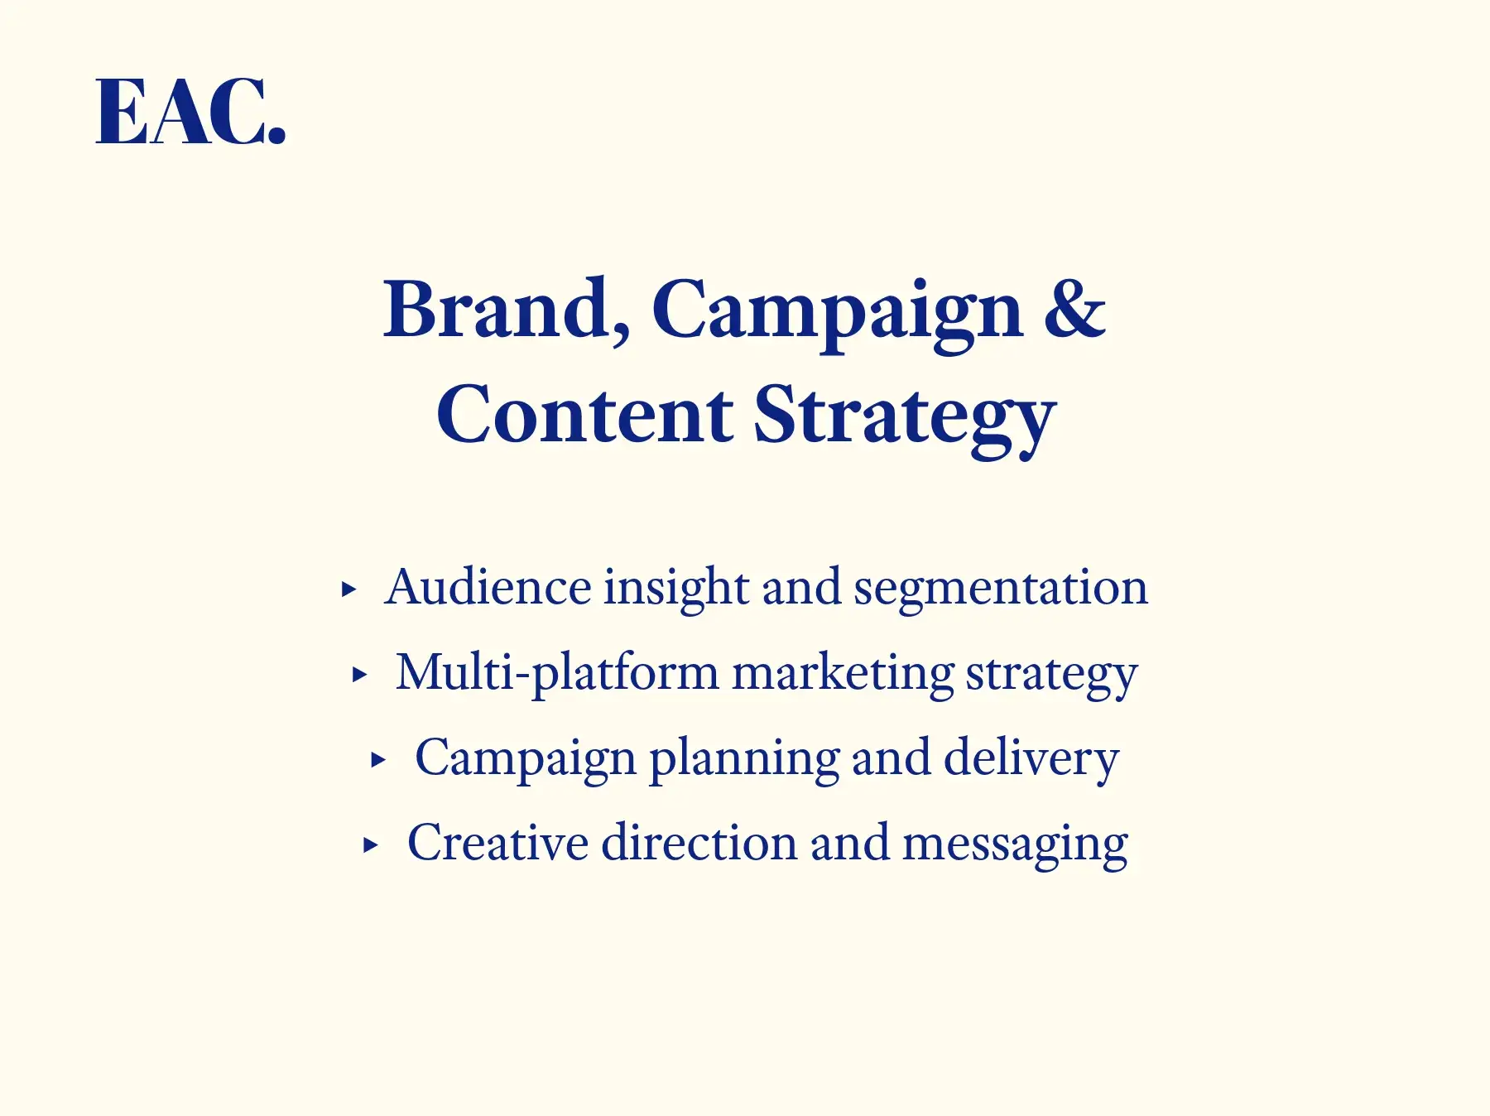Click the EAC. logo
click(191, 113)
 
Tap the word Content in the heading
click(584, 413)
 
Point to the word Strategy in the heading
click(905, 419)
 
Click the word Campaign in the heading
click(838, 315)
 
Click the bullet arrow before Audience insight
click(349, 589)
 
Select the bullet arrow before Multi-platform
click(359, 675)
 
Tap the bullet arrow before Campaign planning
click(378, 760)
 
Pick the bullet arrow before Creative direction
click(371, 845)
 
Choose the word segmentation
click(1001, 591)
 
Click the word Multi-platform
click(557, 675)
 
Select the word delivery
click(1031, 760)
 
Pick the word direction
click(699, 843)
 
